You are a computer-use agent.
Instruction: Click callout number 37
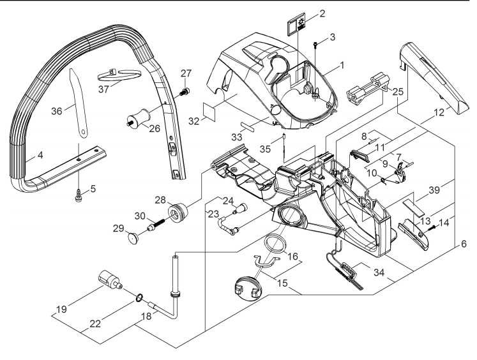pos(103,89)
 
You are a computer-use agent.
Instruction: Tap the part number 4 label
pos(40,155)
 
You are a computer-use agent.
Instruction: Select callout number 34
pos(379,273)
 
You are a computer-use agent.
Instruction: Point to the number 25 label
pos(398,91)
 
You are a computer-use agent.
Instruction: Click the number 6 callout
pos(464,244)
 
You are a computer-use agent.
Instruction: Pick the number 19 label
pos(62,310)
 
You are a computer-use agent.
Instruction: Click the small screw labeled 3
pos(316,45)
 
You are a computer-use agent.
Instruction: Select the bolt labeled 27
pos(185,91)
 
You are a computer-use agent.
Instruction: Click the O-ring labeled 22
pos(139,297)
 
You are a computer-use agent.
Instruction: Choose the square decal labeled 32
pos(209,112)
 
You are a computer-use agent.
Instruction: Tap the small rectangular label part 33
pos(248,126)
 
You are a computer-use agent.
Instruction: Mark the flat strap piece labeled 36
pos(78,103)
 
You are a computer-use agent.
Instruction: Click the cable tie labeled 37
pos(119,75)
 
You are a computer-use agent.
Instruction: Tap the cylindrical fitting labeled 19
pos(110,280)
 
